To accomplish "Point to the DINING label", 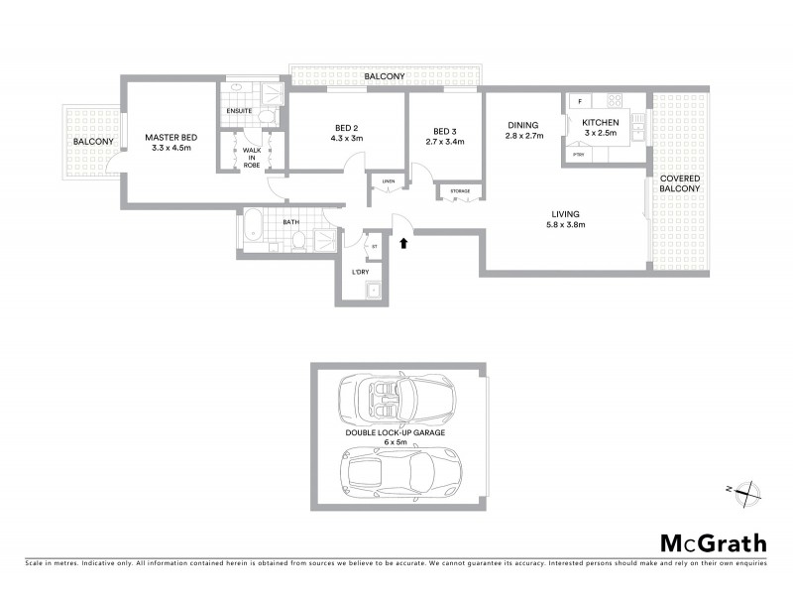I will [522, 125].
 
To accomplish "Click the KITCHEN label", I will [600, 122].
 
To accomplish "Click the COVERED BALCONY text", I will [680, 183].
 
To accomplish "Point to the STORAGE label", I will [459, 190].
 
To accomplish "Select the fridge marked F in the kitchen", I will [580, 100].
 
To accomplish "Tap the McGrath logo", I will [713, 542].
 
